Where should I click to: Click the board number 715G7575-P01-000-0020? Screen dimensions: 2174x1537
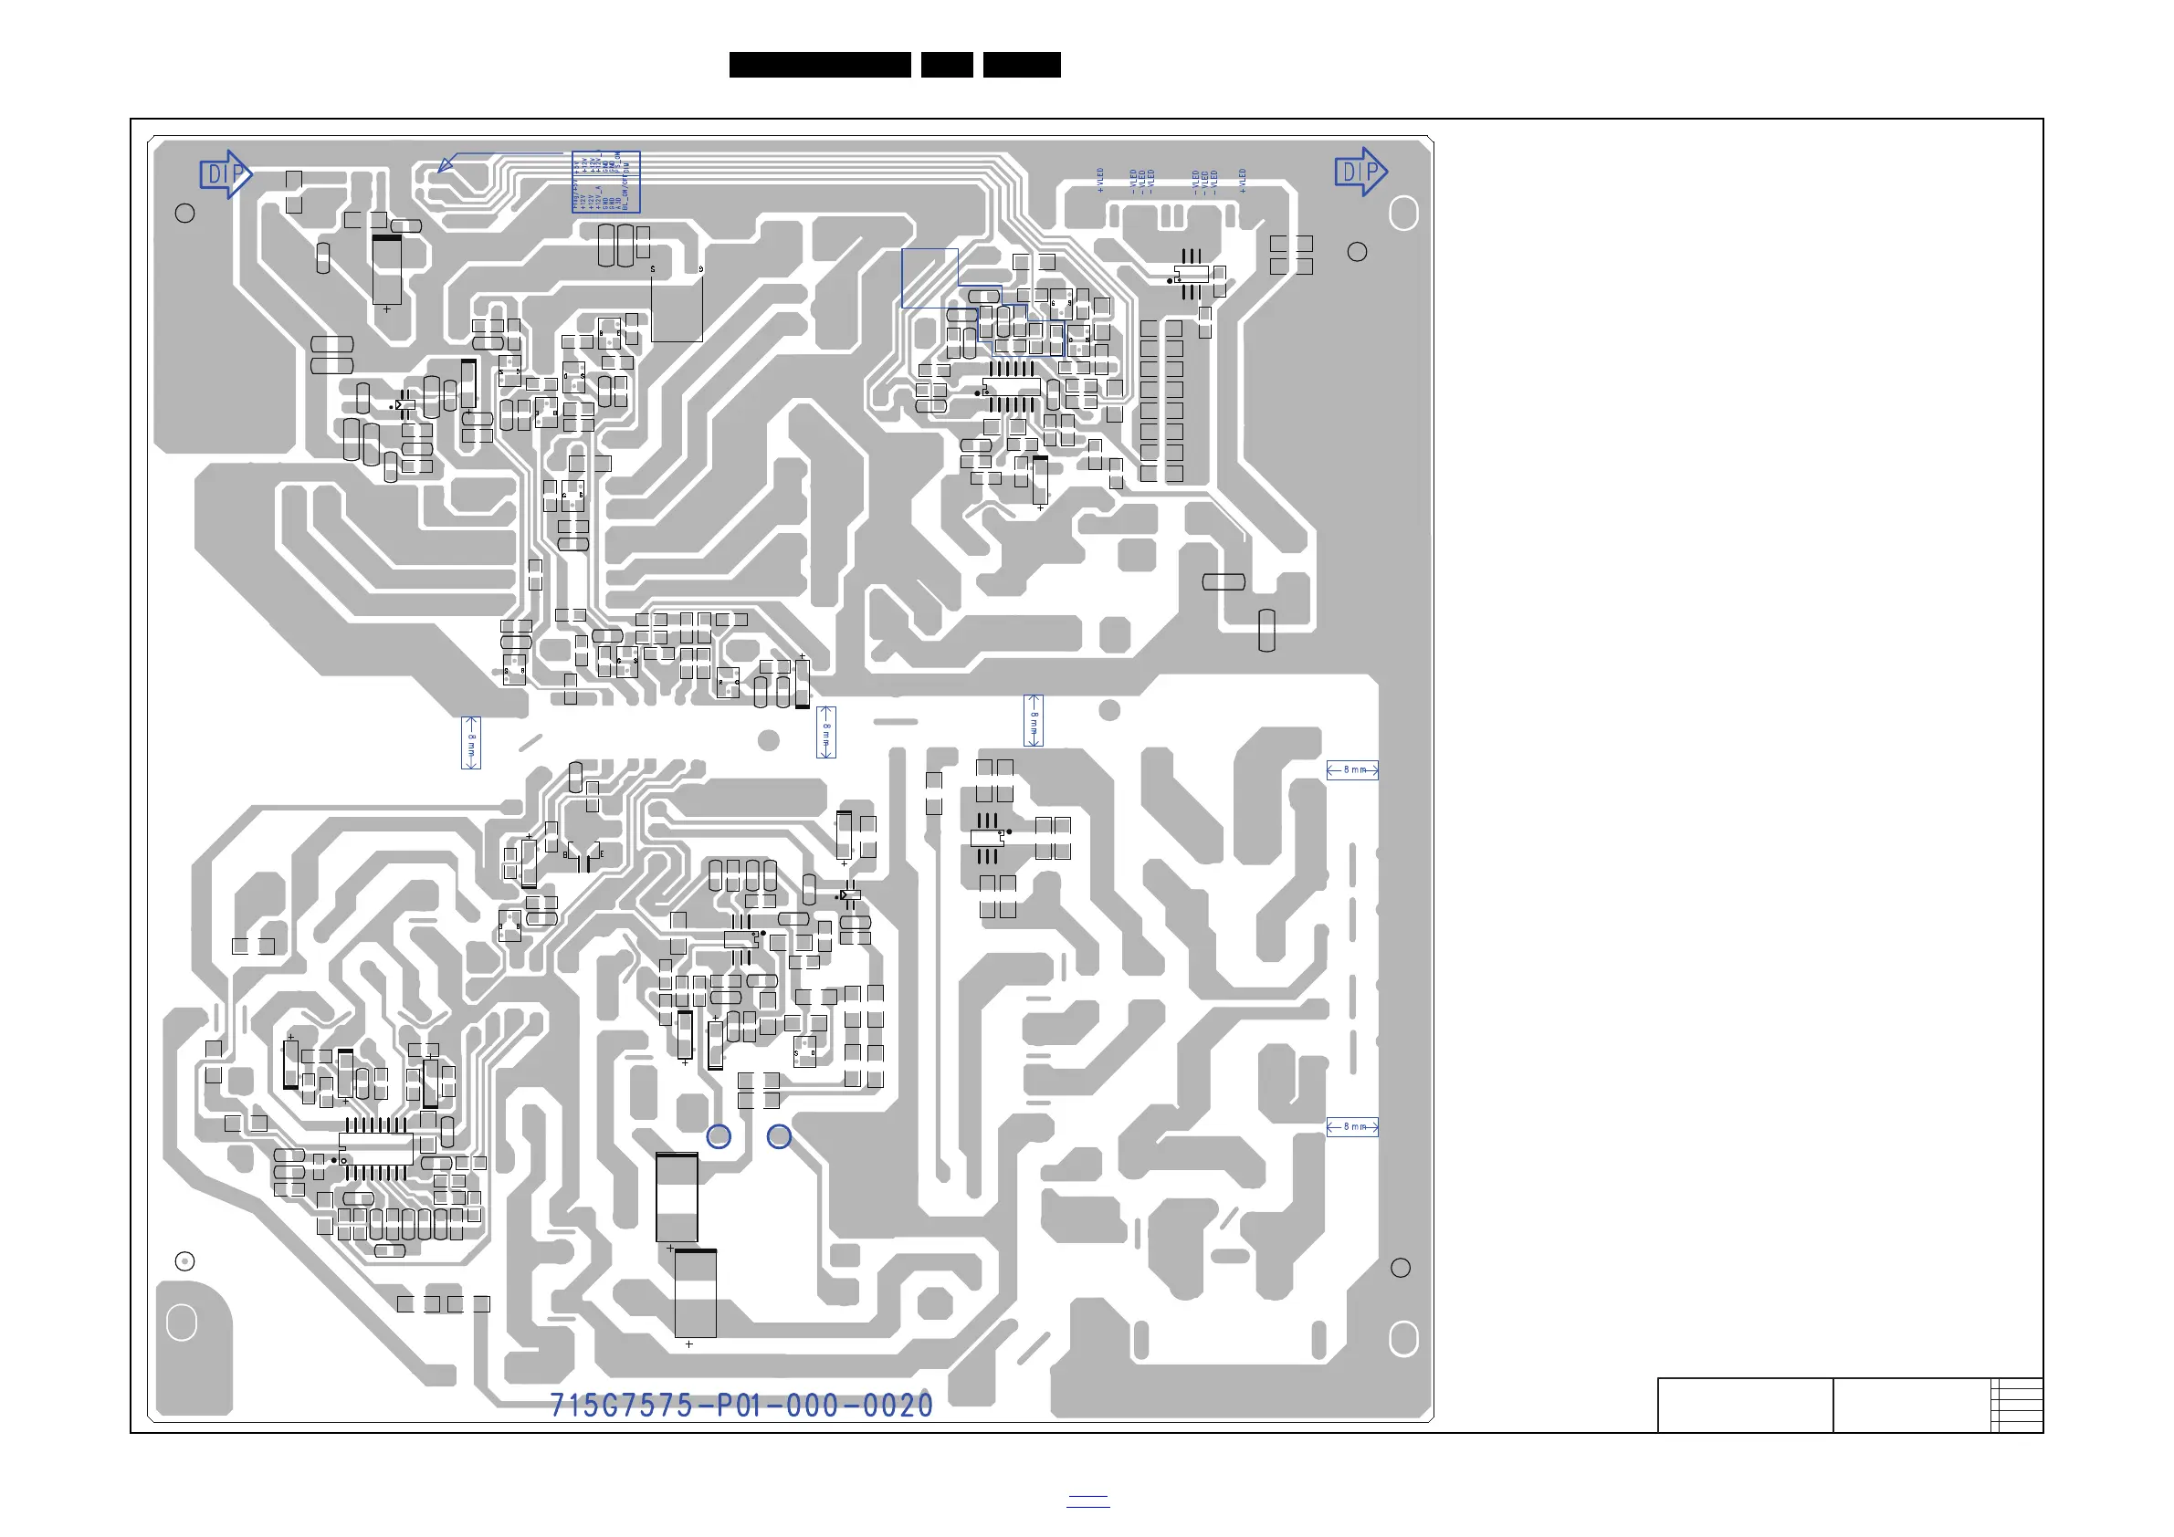click(x=741, y=1406)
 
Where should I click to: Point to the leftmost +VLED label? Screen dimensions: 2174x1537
click(x=1100, y=180)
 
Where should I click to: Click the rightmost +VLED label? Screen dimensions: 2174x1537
click(x=1243, y=180)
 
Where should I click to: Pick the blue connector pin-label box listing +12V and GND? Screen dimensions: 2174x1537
click(x=606, y=182)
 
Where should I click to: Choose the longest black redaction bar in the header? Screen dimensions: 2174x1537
click(x=820, y=65)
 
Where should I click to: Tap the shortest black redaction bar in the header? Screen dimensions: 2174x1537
click(x=947, y=65)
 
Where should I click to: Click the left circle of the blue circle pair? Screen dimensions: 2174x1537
click(x=719, y=1135)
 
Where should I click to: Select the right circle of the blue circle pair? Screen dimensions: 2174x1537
click(x=778, y=1135)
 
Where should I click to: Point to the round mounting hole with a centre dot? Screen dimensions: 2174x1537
click(x=185, y=1260)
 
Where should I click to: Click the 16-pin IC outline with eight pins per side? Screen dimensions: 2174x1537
click(x=376, y=1150)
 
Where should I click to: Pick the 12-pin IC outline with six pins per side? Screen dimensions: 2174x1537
click(x=1012, y=386)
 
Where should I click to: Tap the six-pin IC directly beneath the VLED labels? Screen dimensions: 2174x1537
click(x=1192, y=275)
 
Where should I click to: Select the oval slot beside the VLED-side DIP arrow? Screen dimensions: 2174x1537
click(x=1403, y=214)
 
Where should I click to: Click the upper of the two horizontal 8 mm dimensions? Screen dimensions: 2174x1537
click(x=1352, y=770)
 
